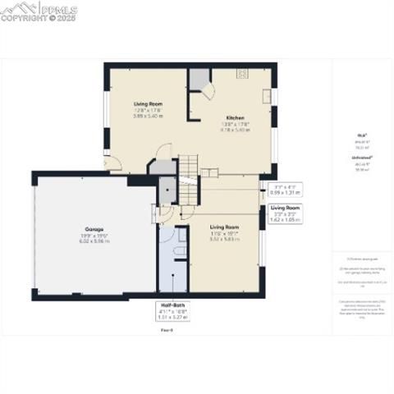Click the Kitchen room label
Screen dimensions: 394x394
[234, 118]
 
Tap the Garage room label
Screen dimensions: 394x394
[93, 227]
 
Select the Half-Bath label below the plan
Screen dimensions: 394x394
[172, 305]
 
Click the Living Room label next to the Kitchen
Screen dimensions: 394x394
[149, 103]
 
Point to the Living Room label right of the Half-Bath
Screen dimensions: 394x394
[224, 226]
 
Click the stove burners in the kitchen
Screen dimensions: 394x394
[243, 73]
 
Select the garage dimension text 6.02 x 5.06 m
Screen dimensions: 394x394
[93, 241]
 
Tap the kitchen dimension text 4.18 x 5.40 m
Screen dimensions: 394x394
[234, 130]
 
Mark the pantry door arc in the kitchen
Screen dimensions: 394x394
[208, 90]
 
